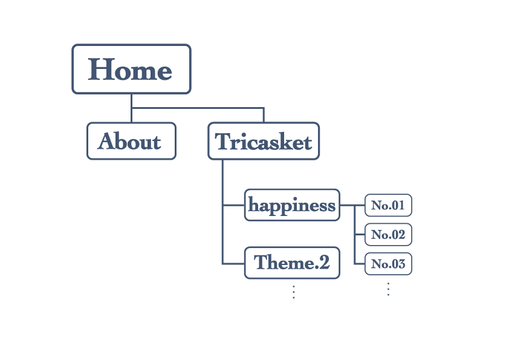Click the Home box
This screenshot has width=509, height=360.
coord(131,69)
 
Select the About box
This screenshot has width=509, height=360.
coord(131,142)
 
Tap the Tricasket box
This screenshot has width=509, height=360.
coord(264,142)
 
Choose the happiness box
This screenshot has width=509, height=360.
coord(292,205)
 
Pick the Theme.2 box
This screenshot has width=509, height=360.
coord(292,263)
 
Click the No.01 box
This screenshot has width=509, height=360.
coord(388,205)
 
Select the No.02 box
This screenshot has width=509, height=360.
coord(388,234)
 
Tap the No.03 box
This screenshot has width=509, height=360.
coord(388,264)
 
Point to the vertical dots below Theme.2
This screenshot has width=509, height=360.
coord(293,292)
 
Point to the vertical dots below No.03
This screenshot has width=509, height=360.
coord(388,289)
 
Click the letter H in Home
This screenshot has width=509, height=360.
coord(101,70)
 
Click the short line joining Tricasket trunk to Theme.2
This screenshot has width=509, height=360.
coord(233,263)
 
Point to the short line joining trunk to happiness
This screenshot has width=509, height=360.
coord(233,205)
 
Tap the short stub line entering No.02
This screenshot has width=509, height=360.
coord(359,234)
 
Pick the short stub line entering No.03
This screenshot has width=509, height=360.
coord(359,264)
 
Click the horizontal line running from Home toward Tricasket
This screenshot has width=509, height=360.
coord(199,108)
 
